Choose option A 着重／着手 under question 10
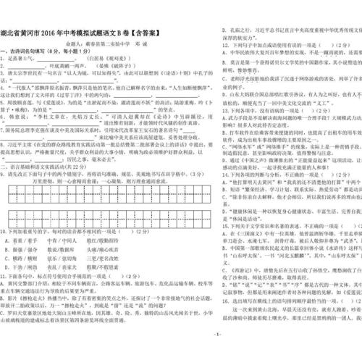pos(30,239)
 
